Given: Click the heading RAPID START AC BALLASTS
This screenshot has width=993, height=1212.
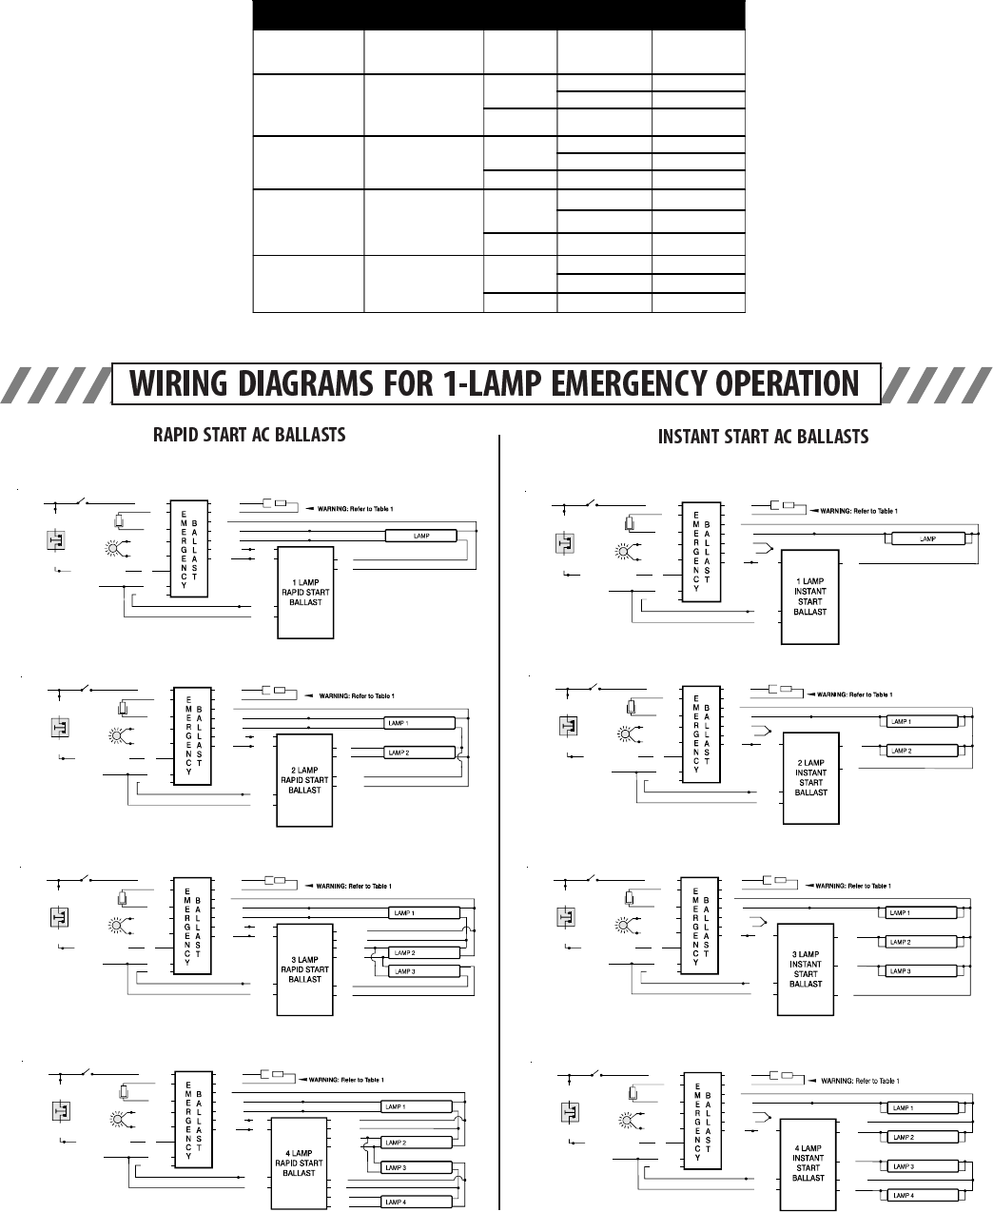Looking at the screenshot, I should coord(249,435).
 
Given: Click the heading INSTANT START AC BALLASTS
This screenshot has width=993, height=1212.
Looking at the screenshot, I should coord(763,437).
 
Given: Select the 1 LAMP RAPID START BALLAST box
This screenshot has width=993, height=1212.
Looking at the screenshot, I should coord(304,592).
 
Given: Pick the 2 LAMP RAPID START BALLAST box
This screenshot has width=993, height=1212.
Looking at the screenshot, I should coord(304,779).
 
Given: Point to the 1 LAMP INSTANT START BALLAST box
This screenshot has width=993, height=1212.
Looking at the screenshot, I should coord(809,596).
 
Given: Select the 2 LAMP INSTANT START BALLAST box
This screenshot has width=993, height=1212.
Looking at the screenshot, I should coord(810,777).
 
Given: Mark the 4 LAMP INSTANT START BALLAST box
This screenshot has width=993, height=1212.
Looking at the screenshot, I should coord(808,1163).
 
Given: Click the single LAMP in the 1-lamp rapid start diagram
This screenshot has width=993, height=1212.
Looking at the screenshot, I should coord(421,536).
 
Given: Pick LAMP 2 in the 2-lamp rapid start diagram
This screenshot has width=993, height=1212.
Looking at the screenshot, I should coord(419,753).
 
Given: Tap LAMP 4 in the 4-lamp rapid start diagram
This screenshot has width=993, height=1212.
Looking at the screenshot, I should coord(417,1202).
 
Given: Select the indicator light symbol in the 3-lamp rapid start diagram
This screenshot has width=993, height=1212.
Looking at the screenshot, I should coord(117,923).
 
